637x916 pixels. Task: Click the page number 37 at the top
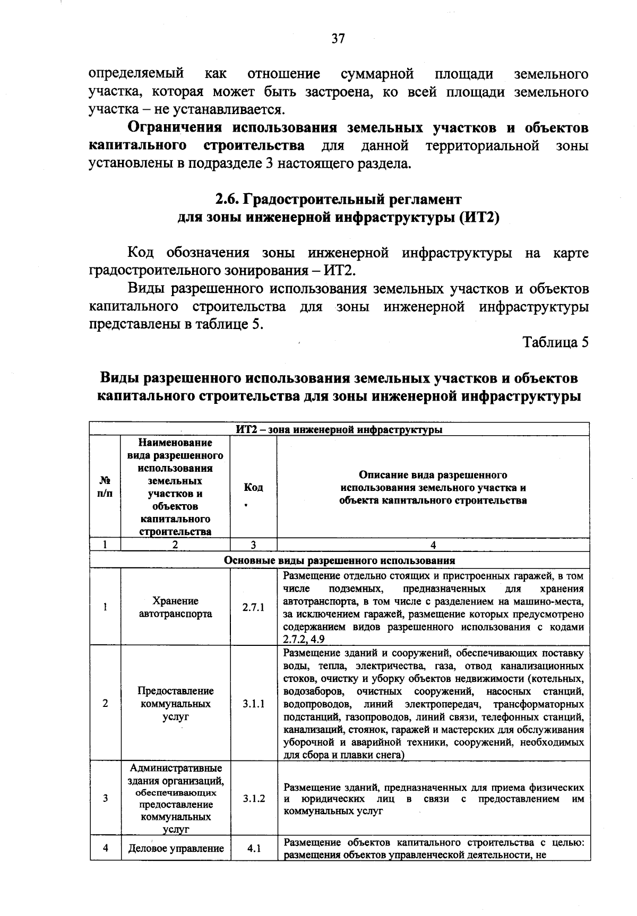point(338,38)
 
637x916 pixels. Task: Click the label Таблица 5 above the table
point(556,342)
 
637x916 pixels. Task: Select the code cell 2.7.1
point(253,608)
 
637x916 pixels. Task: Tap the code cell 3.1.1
point(253,704)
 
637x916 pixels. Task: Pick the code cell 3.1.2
point(253,798)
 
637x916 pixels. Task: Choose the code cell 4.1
point(253,848)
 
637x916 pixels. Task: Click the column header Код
point(253,487)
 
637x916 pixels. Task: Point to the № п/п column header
point(105,487)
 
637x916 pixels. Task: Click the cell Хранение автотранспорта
point(175,608)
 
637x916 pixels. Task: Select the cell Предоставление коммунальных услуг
point(175,704)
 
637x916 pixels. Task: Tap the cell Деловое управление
point(176,848)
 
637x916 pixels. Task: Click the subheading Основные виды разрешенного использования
point(339,560)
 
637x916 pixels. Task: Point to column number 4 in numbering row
point(433,545)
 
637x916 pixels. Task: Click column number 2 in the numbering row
point(175,545)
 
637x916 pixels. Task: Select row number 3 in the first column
point(105,798)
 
